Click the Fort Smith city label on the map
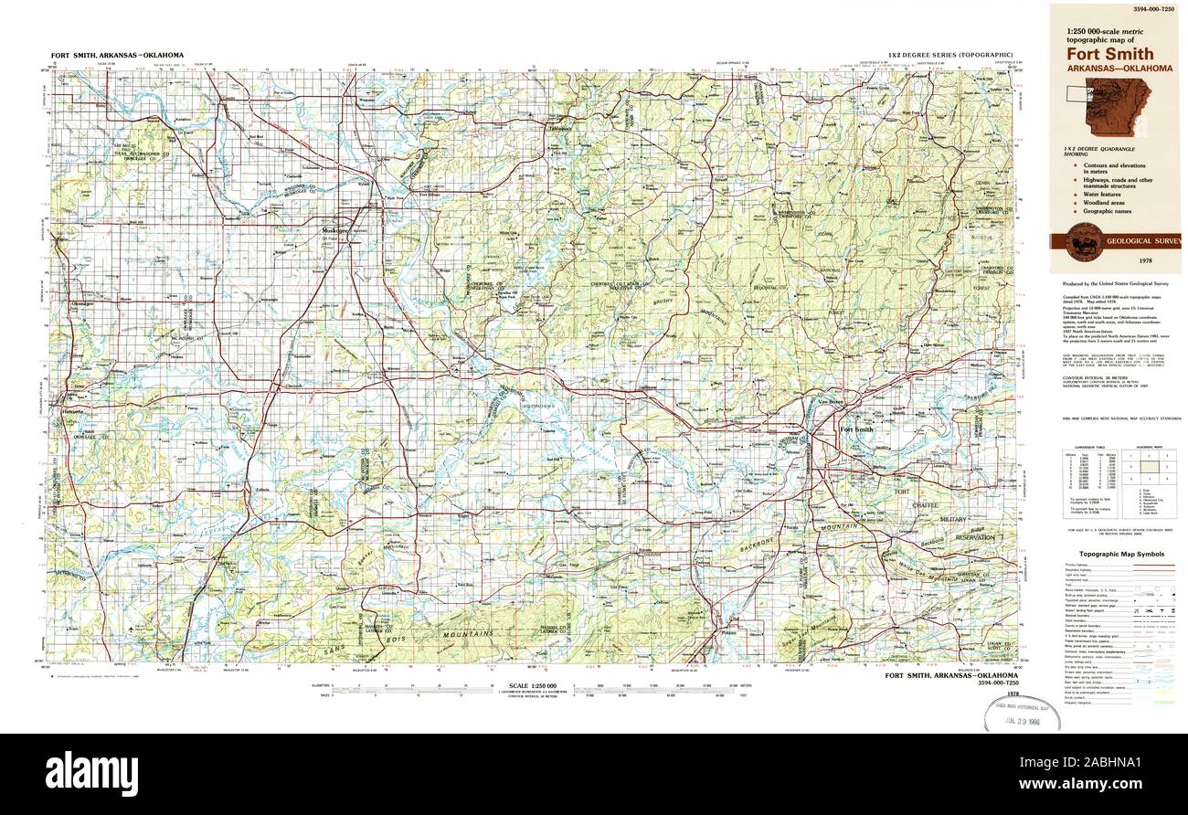tap(856, 429)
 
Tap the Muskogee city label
tap(342, 231)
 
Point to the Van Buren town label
tap(830, 402)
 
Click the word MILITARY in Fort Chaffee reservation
tap(960, 519)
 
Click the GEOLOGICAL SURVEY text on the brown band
tap(1142, 242)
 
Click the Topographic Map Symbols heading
tap(1121, 555)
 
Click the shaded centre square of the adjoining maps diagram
tap(1146, 467)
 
